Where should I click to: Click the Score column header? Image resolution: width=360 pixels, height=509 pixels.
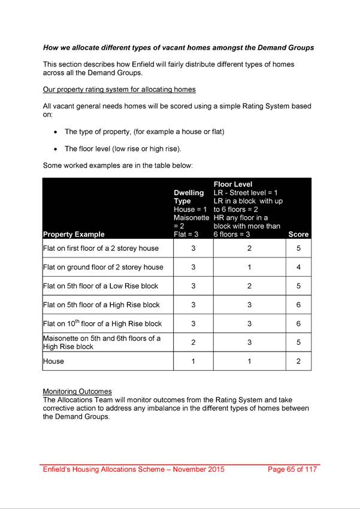pos(298,234)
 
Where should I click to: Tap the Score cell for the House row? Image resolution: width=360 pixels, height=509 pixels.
pos(298,361)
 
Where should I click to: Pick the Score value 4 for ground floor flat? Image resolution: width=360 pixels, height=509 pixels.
pos(298,267)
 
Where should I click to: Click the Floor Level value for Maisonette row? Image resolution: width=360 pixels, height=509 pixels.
pos(249,342)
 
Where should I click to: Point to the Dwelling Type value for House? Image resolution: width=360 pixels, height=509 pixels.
pos(193,361)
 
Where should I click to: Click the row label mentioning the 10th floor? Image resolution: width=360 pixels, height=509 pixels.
pos(102,323)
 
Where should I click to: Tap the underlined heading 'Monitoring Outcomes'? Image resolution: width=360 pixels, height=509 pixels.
pos(77,392)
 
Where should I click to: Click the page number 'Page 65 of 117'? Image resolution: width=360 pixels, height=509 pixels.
pos(292,469)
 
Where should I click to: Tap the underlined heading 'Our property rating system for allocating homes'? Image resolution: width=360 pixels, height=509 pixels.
pos(119,90)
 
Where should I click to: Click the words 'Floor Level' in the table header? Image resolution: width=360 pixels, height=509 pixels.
pos(233,184)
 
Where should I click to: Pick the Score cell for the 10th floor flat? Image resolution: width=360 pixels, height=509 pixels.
pos(298,323)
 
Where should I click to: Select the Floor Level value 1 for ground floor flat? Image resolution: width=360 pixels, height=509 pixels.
pos(249,267)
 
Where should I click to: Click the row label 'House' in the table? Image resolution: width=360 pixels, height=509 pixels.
pos(54,361)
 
